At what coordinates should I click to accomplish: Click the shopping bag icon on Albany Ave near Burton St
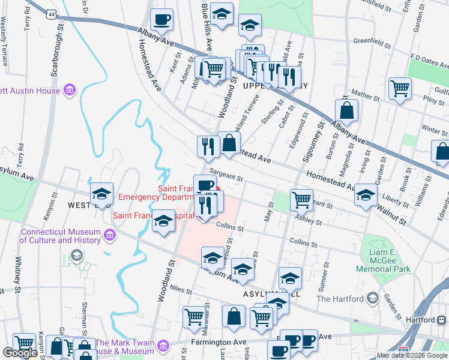pos(347,111)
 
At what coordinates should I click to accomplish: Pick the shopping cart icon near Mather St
pos(400,89)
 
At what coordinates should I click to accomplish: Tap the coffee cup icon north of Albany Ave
pos(161,20)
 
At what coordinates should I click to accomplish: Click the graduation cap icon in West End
pos(101,194)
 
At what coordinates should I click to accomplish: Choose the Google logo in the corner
pos(20,352)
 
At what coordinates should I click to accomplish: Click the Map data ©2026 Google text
pos(412,355)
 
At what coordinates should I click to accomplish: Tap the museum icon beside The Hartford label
pos(372,298)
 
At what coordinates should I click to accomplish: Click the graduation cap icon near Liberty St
pos(366,194)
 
